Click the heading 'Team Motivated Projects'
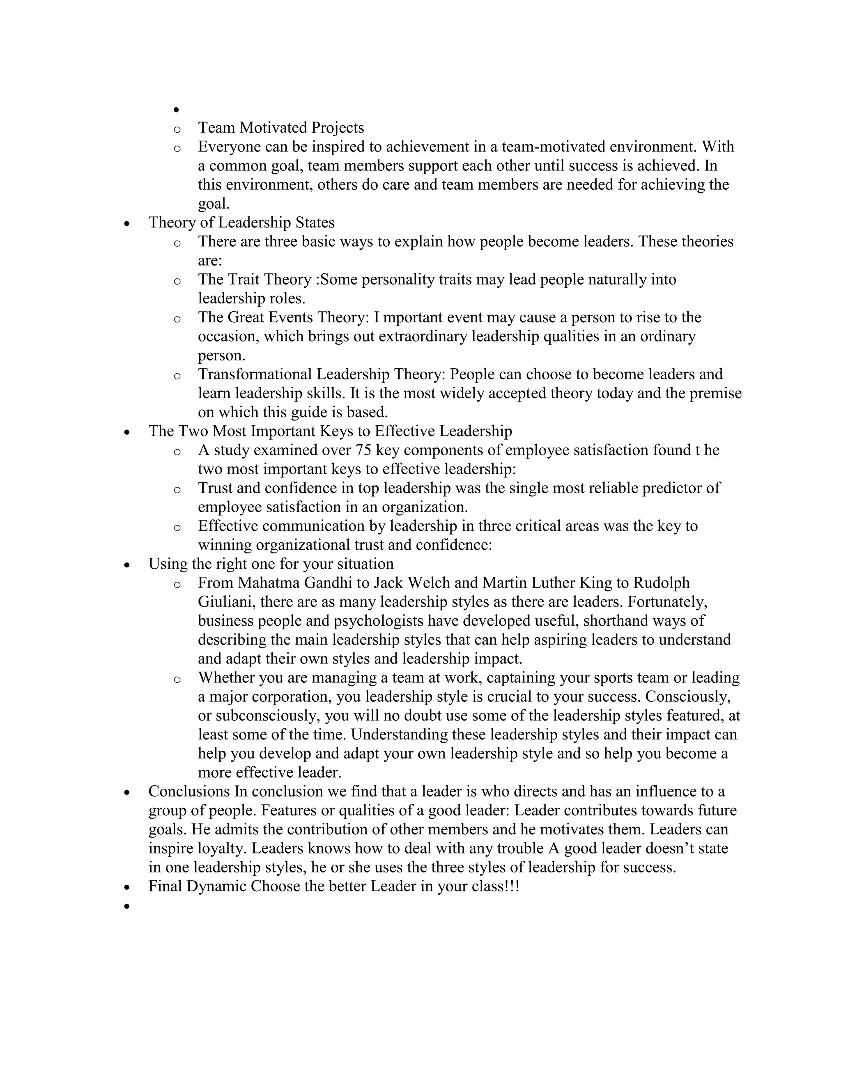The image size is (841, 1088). click(x=281, y=128)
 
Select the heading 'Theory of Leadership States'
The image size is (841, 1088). click(x=241, y=223)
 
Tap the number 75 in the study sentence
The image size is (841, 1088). click(x=363, y=450)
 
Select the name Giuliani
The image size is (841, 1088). click(x=227, y=602)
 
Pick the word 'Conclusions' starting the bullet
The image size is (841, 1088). click(x=189, y=792)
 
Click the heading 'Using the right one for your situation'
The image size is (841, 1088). click(x=271, y=564)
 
